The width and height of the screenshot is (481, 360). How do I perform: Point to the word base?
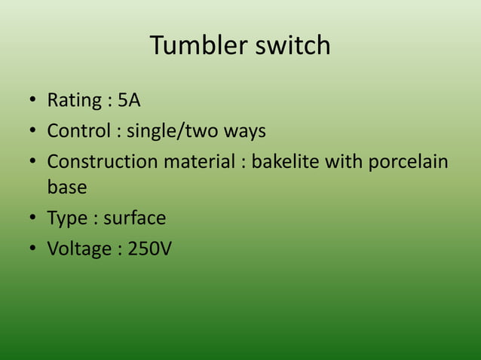(x=66, y=186)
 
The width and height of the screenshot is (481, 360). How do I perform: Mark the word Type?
(x=67, y=218)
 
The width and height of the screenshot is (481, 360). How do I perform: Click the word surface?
(x=134, y=218)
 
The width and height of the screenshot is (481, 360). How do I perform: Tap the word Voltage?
(x=79, y=249)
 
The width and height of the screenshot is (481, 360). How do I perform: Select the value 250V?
(x=149, y=249)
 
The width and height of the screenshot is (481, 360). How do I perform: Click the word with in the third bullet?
(x=342, y=162)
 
